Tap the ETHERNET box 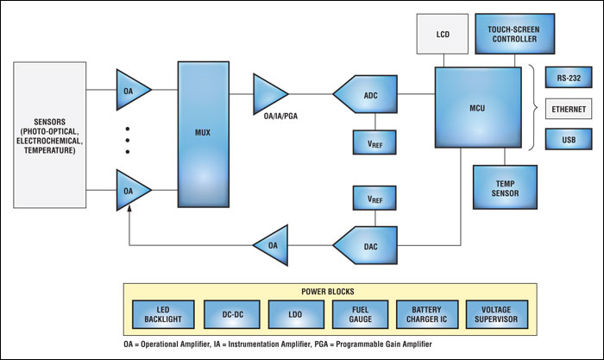click(568, 110)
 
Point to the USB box click(568, 139)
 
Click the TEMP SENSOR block click(504, 187)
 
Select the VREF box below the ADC click(372, 140)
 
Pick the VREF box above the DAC click(372, 199)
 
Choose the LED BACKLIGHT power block click(159, 315)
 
